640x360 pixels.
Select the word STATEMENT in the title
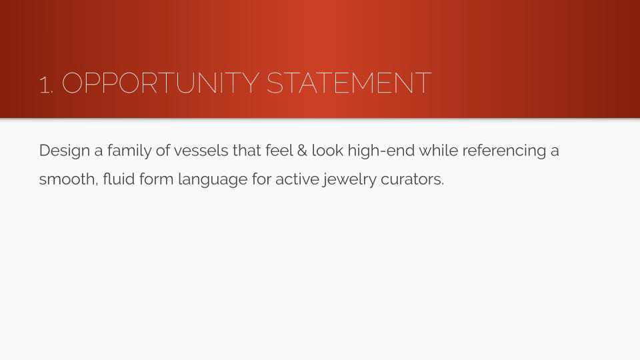[349, 83]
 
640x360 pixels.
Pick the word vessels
[201, 151]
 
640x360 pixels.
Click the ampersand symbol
[302, 151]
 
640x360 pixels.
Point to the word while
[439, 150]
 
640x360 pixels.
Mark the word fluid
[119, 179]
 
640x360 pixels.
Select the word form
[156, 179]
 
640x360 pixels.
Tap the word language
[213, 179]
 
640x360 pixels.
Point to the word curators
[412, 179]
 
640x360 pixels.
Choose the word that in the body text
[247, 150]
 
